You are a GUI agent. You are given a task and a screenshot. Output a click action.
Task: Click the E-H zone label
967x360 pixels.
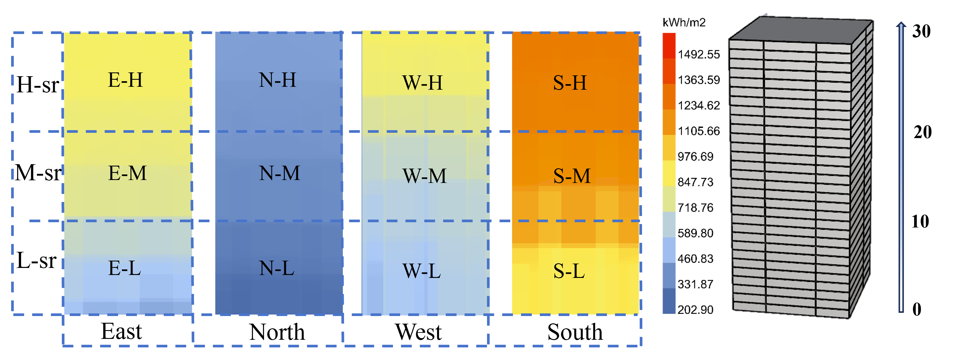pyautogui.click(x=125, y=80)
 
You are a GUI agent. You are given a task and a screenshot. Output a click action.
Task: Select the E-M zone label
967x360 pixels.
pyautogui.click(x=127, y=173)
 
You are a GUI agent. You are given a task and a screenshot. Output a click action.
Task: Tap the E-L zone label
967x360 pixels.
pyautogui.click(x=124, y=269)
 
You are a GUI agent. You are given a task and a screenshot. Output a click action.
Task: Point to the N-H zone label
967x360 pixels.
pyautogui.click(x=277, y=80)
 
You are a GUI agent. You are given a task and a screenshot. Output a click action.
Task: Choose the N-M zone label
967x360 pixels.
pyautogui.click(x=280, y=173)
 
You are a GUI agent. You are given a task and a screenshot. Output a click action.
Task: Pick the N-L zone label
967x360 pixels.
pyautogui.click(x=277, y=269)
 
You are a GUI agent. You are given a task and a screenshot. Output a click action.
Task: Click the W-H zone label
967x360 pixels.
pyautogui.click(x=422, y=83)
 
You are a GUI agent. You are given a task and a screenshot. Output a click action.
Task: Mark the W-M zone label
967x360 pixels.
pyautogui.click(x=425, y=176)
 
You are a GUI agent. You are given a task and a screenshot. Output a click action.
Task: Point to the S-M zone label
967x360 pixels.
pyautogui.click(x=572, y=176)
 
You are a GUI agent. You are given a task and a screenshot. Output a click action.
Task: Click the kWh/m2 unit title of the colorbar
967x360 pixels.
pyautogui.click(x=684, y=23)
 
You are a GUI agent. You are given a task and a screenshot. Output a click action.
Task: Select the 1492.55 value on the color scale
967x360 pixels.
pyautogui.click(x=699, y=55)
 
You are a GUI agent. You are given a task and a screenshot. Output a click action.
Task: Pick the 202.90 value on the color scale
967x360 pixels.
pyautogui.click(x=695, y=310)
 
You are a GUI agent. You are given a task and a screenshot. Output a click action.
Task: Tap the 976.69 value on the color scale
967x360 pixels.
pyautogui.click(x=695, y=157)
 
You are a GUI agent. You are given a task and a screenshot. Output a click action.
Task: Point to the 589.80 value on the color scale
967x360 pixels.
pyautogui.click(x=695, y=233)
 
